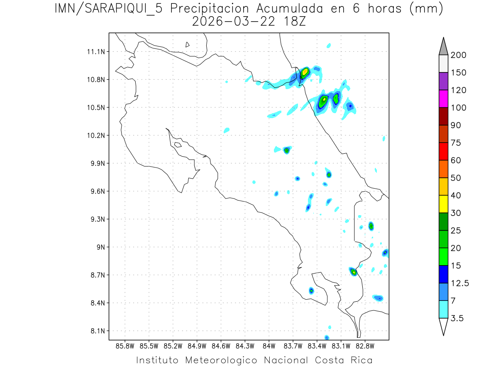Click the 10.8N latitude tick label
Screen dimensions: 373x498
click(95, 80)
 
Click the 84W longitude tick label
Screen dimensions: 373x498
click(269, 346)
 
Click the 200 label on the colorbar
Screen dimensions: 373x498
click(458, 55)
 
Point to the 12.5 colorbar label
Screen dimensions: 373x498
click(459, 283)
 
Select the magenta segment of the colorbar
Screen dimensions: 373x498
click(443, 99)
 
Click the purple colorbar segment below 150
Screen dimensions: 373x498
click(443, 81)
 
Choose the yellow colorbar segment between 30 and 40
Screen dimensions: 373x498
click(443, 204)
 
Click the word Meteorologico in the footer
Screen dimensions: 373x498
click(224, 360)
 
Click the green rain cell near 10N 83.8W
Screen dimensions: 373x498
click(286, 150)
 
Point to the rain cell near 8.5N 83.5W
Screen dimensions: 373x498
click(311, 291)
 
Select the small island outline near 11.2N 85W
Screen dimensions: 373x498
click(188, 44)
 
